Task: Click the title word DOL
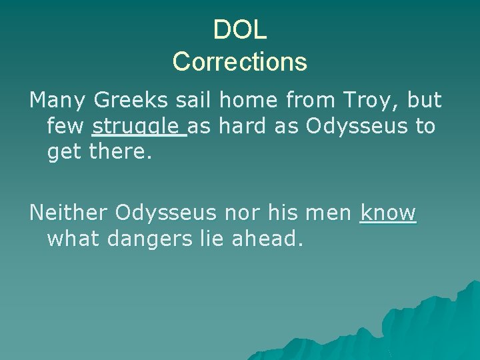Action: (x=240, y=29)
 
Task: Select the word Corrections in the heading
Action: (x=240, y=62)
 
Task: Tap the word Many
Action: (x=58, y=101)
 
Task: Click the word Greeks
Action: (x=130, y=101)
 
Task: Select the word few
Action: (x=67, y=127)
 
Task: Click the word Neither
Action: (x=69, y=213)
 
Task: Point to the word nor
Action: (x=241, y=213)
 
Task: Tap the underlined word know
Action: (x=388, y=213)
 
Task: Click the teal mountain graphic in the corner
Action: (x=427, y=333)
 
